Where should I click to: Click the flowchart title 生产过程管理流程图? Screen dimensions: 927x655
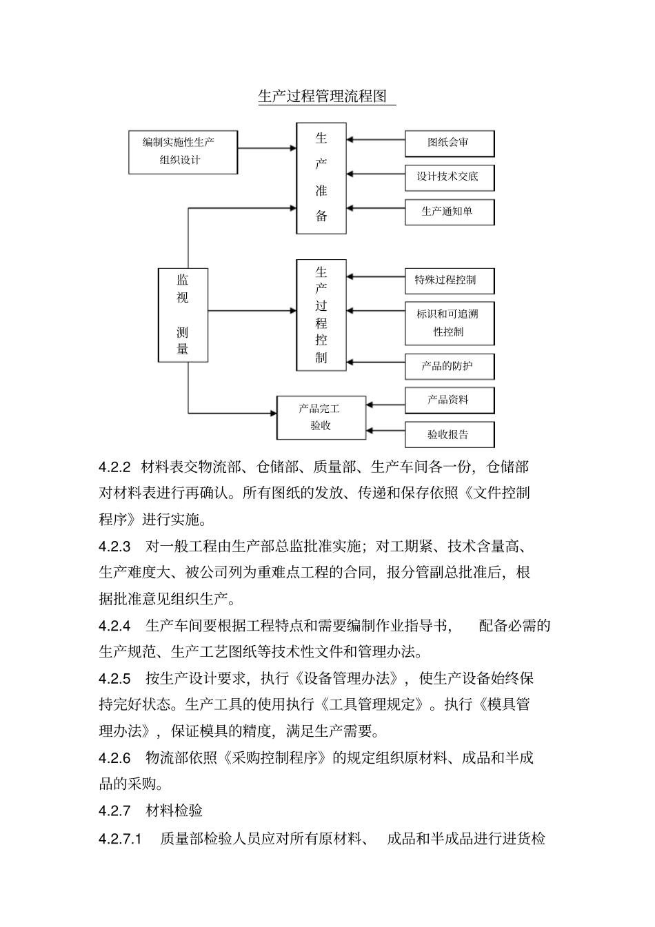click(323, 96)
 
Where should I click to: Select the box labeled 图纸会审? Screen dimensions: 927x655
click(449, 143)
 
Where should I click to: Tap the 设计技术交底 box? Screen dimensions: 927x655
click(449, 177)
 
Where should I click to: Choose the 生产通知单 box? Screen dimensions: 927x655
click(449, 212)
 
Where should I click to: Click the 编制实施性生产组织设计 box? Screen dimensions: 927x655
click(183, 152)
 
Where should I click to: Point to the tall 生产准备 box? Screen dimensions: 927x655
click(321, 178)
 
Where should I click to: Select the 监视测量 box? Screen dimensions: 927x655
click(183, 315)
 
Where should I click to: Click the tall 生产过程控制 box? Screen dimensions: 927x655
click(321, 315)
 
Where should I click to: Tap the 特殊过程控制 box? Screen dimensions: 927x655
click(449, 281)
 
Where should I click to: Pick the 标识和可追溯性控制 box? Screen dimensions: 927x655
click(449, 323)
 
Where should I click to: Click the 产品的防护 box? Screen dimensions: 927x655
click(449, 367)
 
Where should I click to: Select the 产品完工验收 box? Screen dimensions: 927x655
click(321, 418)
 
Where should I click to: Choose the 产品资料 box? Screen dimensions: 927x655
click(449, 400)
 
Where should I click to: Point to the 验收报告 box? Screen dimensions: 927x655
click(449, 435)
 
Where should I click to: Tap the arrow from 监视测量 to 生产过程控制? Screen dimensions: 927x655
click(252, 311)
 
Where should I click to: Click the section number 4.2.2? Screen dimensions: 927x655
click(114, 467)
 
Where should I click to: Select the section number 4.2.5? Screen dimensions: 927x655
click(114, 679)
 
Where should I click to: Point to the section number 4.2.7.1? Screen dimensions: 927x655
click(120, 839)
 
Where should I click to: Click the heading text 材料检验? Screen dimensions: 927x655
click(174, 811)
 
